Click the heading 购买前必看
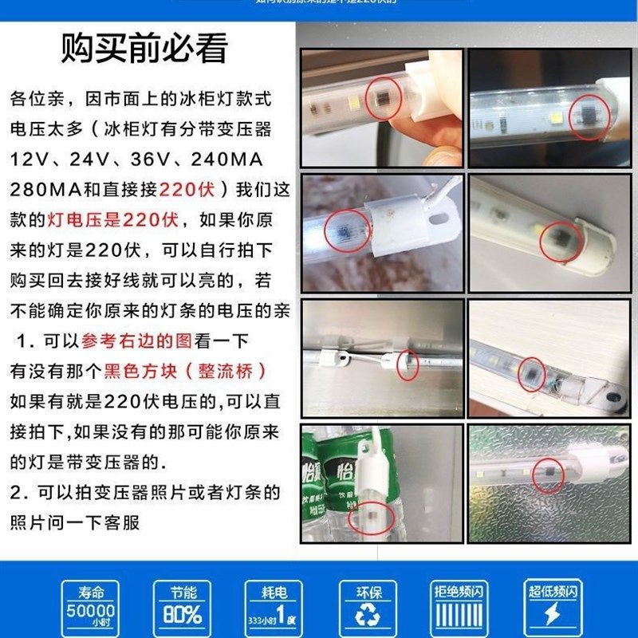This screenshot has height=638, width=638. coord(144,49)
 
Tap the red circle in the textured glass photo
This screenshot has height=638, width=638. coord(548,475)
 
